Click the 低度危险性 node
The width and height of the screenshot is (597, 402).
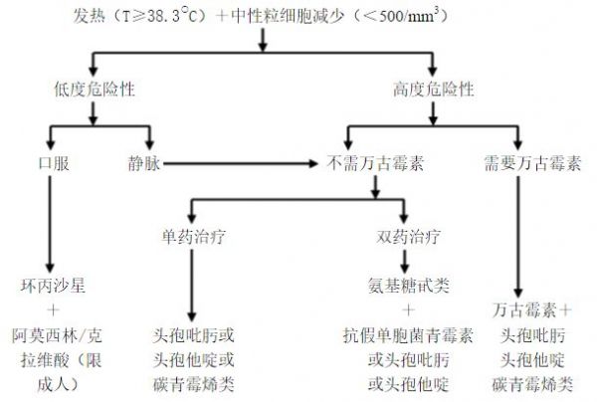coord(95,90)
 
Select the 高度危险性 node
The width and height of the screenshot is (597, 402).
coord(433,90)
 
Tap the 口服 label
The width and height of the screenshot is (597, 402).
coord(54,163)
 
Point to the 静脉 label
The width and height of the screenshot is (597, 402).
coord(144,163)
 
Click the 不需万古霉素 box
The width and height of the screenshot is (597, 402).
coord(375,163)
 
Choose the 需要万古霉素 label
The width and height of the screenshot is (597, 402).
coord(532,163)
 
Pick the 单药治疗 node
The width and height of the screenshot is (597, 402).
coord(193,237)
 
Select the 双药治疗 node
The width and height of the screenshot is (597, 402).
coord(409,237)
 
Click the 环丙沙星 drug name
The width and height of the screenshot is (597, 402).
coord(53,286)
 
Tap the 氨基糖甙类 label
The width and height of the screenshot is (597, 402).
coord(409,286)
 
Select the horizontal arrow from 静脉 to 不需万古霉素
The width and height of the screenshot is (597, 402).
coord(240,164)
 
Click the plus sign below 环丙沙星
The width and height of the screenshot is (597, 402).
coord(53,309)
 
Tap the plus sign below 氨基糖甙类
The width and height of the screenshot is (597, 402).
coord(409,309)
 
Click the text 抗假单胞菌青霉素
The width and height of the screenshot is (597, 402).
coord(409,335)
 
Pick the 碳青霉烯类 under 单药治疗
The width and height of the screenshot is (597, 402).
coord(193,384)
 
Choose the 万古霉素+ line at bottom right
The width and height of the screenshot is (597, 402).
coord(532,309)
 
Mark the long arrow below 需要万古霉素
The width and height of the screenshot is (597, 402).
coord(517,237)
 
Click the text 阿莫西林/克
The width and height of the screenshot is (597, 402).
coord(57,335)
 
